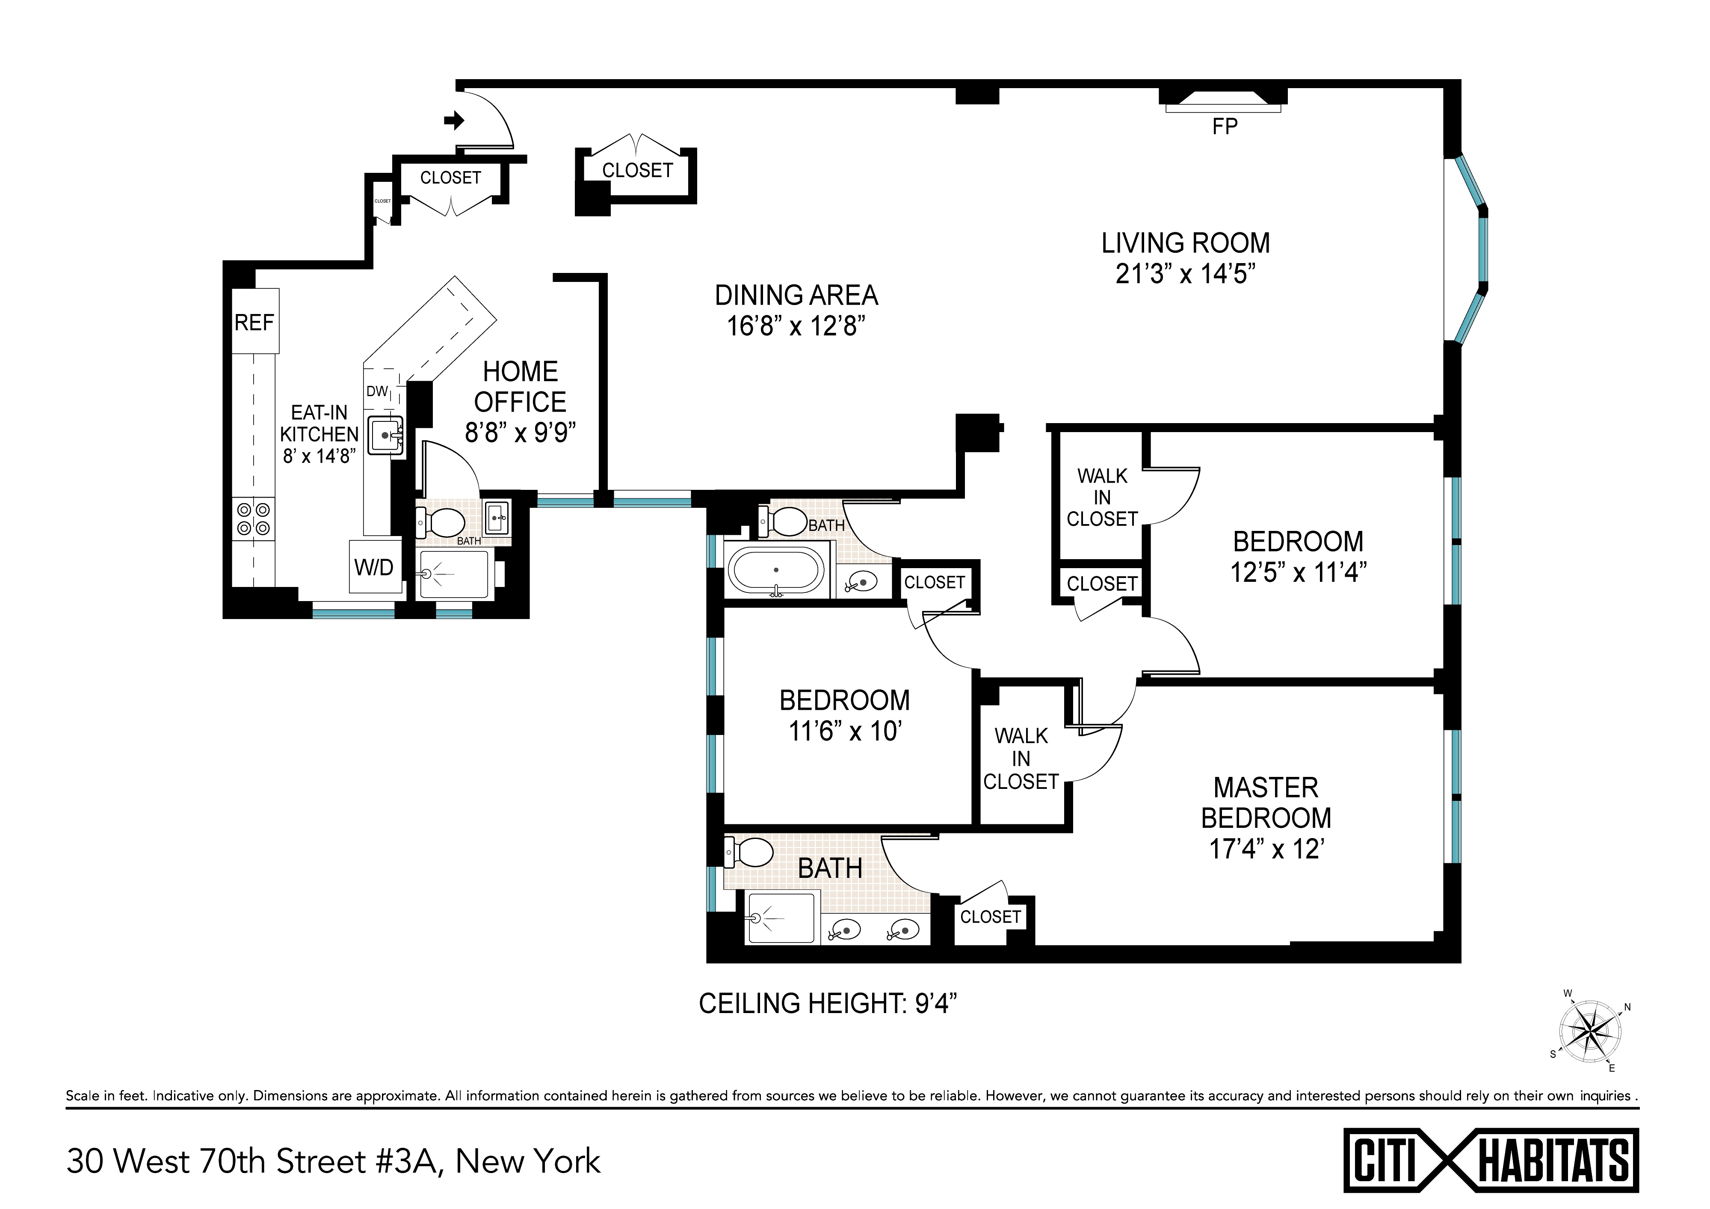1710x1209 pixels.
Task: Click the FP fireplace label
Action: tap(1225, 127)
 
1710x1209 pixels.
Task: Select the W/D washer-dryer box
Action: tap(374, 567)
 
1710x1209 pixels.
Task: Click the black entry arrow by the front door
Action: tap(453, 120)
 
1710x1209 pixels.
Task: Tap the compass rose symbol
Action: tap(1590, 1032)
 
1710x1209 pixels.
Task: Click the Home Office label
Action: tap(520, 387)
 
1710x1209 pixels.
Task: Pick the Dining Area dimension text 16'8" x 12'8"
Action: tap(796, 326)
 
